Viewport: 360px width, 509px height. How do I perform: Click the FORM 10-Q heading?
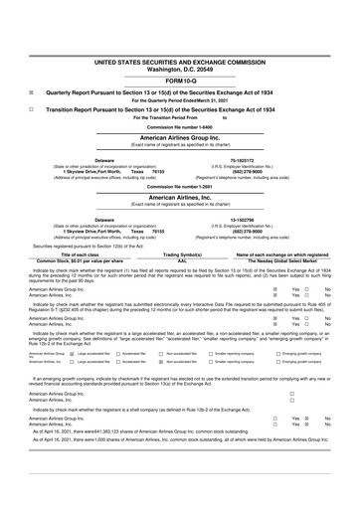[x=180, y=52]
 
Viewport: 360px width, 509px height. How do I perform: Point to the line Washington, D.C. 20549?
[x=180, y=42]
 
